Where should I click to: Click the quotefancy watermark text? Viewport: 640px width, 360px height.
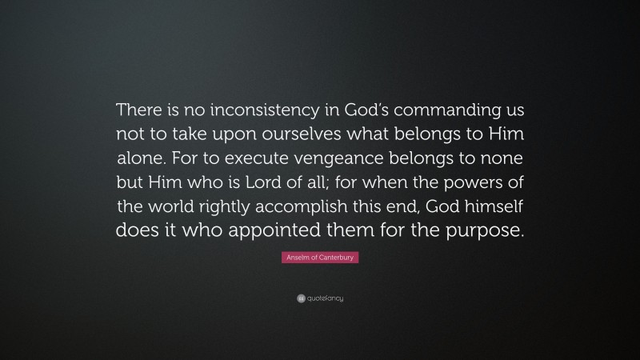(x=325, y=298)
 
